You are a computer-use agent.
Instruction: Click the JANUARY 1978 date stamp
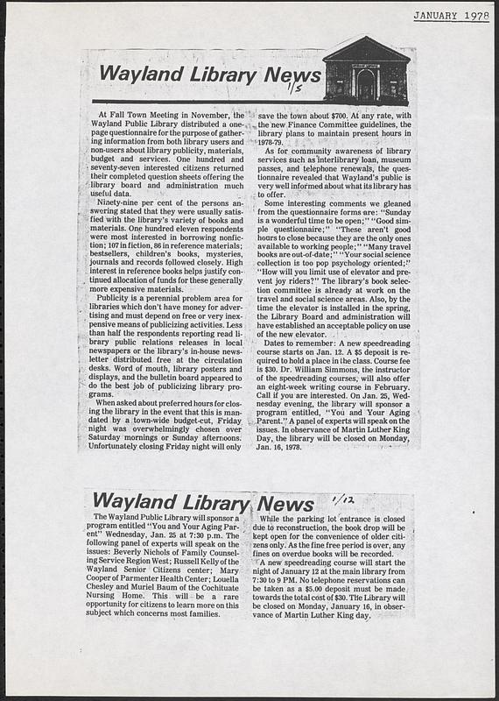(x=451, y=16)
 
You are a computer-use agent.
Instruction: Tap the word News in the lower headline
(x=286, y=503)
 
